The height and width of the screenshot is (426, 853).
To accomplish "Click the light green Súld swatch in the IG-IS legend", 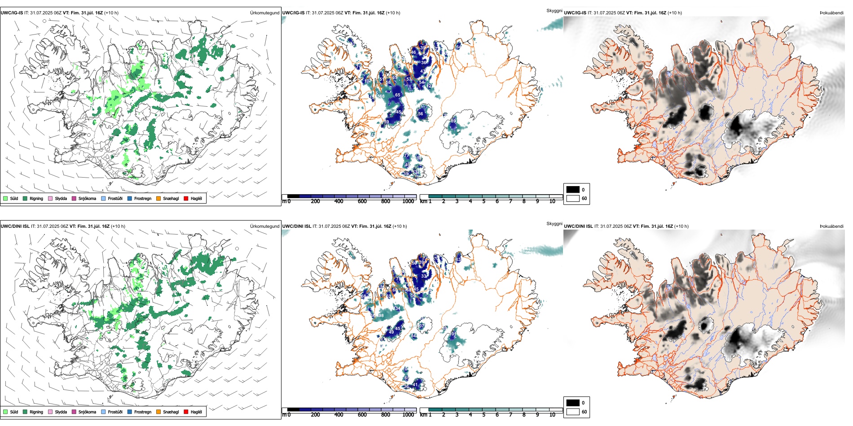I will coord(5,198).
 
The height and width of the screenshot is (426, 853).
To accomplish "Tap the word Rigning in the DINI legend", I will coord(36,412).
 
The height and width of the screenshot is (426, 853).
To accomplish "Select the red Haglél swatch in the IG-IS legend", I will coord(186,198).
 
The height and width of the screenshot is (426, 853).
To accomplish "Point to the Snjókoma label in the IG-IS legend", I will coord(87,198).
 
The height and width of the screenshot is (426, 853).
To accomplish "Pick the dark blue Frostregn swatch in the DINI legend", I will coord(130,412).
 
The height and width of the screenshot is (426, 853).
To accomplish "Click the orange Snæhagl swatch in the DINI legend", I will coord(158,412).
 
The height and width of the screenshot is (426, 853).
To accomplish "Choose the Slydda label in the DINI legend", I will coord(61,412).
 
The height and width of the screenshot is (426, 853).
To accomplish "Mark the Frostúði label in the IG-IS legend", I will coord(115,198).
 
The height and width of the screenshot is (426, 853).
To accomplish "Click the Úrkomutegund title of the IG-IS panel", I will coord(264,13).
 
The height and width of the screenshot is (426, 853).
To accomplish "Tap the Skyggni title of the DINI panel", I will coord(554,223).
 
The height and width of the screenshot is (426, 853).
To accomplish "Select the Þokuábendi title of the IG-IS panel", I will coord(831,13).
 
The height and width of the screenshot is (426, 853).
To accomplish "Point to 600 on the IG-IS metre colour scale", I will coord(362,201).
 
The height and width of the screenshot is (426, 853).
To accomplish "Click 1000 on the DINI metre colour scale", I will coord(408,415).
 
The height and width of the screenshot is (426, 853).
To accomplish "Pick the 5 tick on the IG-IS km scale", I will coord(484,201).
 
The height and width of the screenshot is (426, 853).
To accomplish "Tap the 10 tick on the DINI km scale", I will coord(552,415).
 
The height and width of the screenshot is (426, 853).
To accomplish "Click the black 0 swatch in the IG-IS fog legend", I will coord(573,190).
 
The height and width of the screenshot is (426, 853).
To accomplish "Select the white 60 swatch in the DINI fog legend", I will coord(573,412).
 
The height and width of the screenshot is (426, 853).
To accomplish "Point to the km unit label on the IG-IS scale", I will coord(423,201).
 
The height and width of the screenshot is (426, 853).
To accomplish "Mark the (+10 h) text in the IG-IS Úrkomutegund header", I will coord(111,13).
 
